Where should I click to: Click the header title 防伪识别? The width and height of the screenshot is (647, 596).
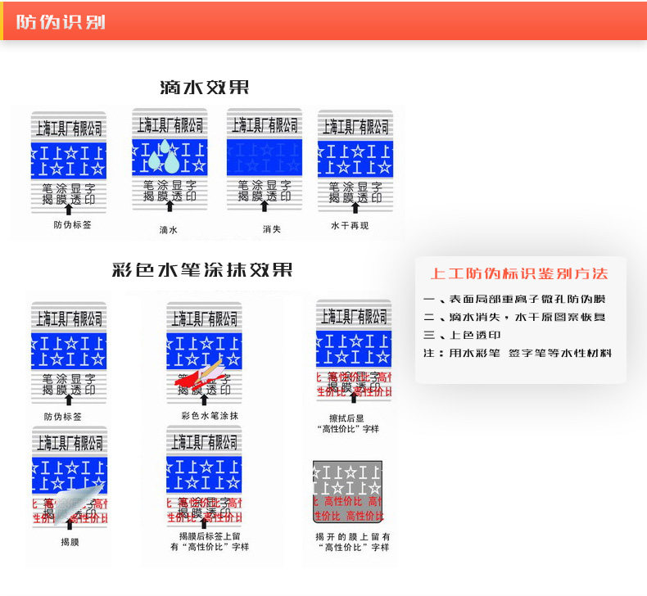pos(61,22)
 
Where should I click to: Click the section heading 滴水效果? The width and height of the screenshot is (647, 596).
pos(204,88)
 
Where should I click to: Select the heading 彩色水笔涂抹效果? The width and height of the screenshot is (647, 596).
pos(201,269)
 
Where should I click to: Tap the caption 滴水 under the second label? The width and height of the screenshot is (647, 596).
pos(168,230)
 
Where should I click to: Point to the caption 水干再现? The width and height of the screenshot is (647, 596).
pos(349,225)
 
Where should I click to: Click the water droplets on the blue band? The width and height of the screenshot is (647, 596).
pos(161,156)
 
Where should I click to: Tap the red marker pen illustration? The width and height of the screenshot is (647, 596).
pos(200,375)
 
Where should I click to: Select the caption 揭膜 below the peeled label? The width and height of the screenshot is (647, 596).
pos(70,541)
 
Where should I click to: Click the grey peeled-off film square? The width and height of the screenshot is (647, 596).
pos(347,491)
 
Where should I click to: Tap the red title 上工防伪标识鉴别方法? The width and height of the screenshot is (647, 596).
pos(518,273)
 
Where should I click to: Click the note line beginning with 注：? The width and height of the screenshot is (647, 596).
pos(517,353)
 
